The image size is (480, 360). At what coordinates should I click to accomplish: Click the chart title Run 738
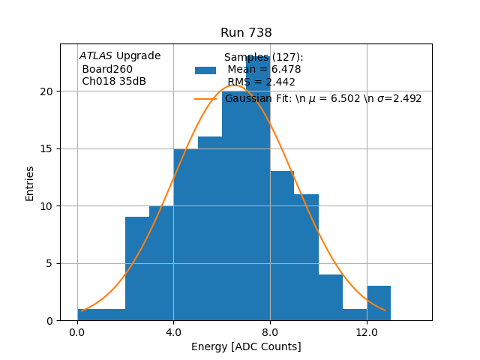coord(246,33)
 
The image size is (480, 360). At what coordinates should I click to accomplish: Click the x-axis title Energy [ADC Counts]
coord(246,346)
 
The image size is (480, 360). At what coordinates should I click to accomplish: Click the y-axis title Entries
coord(30,183)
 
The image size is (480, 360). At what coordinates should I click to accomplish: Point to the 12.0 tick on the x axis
coord(367,331)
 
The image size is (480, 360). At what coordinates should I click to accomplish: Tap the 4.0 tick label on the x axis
coord(173,331)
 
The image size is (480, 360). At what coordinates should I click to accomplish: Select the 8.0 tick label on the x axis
coord(270,331)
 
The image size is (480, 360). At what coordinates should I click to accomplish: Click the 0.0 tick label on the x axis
coord(77,331)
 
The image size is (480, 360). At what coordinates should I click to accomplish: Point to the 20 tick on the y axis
coord(47,91)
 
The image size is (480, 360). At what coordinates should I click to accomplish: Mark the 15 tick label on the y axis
coord(47,148)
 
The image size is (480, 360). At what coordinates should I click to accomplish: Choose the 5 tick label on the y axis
coord(50,263)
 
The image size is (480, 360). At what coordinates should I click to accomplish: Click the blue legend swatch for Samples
coord(205,70)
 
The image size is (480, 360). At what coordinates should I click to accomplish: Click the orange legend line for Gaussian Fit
coord(205,98)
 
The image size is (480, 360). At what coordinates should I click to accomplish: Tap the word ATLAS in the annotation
coord(96,56)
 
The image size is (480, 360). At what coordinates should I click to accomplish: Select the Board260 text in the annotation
coord(106,69)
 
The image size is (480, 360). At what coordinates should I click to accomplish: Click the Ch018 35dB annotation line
coord(114,82)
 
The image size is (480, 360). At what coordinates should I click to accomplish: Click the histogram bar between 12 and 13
coord(379,304)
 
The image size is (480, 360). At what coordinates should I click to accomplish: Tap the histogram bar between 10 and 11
coord(331,298)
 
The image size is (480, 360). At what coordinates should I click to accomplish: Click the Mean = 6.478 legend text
coord(264,70)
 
